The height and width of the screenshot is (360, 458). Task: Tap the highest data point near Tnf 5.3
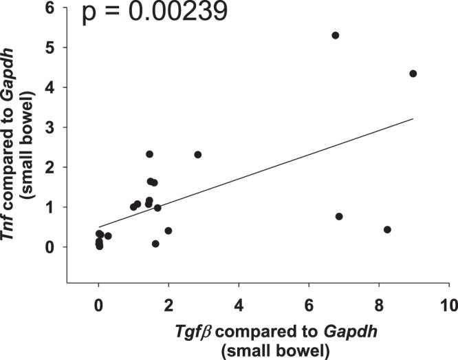pos(336,35)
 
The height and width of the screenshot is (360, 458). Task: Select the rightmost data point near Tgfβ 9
pos(413,74)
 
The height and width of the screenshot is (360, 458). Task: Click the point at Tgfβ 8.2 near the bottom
pos(387,229)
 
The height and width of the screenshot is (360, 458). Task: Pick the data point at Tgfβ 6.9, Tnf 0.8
pos(339,216)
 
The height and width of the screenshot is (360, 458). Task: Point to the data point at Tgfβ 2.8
pos(198,154)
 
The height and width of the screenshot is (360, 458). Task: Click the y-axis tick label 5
pos(51,47)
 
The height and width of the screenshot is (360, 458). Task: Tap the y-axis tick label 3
pos(51,127)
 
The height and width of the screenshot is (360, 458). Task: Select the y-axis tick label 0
pos(51,247)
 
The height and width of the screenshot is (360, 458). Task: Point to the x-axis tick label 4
pos(239,304)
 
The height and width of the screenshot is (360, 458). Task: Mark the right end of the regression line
pos(413,118)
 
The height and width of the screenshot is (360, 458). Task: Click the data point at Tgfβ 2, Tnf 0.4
pos(168,231)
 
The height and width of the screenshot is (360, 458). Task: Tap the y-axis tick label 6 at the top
pos(51,8)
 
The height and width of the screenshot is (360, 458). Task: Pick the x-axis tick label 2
pos(168,304)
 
